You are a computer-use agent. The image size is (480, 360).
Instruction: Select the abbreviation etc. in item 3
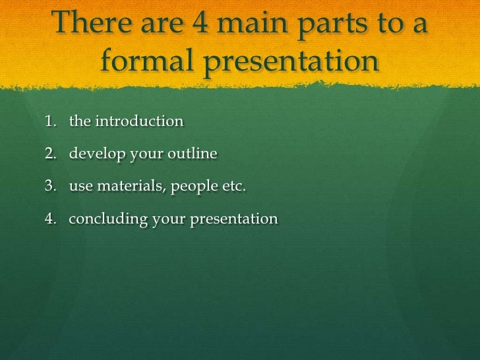[233, 187]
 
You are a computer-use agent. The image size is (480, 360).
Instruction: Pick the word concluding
[108, 220]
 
